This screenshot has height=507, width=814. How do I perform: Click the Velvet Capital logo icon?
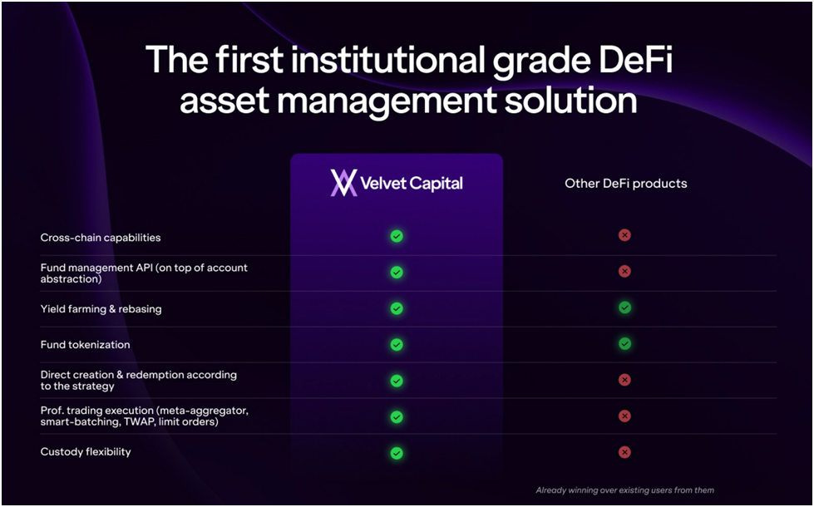343,183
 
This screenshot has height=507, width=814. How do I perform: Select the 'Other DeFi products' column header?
626,183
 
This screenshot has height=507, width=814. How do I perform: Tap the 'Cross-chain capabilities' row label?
101,238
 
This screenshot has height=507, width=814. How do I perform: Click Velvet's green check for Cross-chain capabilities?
397,237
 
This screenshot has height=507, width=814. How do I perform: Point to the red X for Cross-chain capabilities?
624,235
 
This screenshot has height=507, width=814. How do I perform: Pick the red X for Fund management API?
624,271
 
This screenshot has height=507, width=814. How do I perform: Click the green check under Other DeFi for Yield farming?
624,308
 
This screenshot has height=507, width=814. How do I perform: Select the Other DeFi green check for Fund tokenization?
624,343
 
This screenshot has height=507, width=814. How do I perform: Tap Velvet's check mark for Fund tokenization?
397,344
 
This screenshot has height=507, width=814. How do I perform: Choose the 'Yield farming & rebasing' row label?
101,309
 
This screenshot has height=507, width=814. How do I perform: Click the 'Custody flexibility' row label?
86,452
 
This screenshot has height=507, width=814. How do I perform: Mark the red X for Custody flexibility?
624,452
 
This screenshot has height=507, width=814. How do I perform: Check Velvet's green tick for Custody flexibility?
397,453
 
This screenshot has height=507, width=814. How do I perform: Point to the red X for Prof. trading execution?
624,416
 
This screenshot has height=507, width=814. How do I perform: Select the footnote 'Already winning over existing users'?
624,490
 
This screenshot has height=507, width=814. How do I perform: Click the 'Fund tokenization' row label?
85,345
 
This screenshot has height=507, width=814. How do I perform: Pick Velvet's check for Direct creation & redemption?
397,381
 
